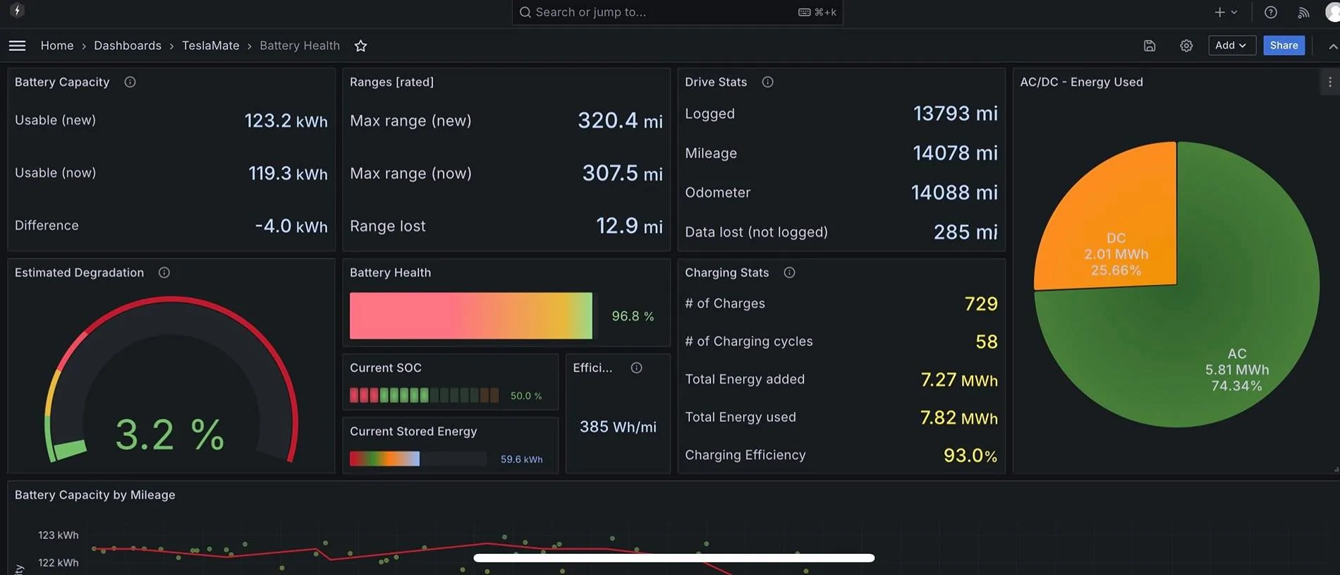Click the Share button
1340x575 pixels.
point(1284,45)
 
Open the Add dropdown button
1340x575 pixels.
point(1231,45)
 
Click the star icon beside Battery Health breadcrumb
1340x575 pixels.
point(360,46)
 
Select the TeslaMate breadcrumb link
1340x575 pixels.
point(210,45)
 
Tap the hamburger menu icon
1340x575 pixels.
point(18,45)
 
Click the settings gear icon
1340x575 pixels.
point(1186,46)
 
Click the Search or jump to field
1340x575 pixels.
point(677,12)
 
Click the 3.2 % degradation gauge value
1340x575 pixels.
point(169,434)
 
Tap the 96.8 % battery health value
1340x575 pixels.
point(633,316)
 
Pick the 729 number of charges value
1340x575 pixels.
point(981,303)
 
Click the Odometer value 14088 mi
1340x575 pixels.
point(954,192)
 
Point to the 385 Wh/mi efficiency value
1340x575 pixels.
point(618,427)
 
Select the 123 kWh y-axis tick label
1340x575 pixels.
point(59,535)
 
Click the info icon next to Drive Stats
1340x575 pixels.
point(767,82)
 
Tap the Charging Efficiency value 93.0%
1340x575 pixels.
point(970,455)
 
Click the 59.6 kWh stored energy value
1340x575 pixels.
point(521,459)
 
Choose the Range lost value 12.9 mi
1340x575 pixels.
point(629,226)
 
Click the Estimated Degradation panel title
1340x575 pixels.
point(79,272)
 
